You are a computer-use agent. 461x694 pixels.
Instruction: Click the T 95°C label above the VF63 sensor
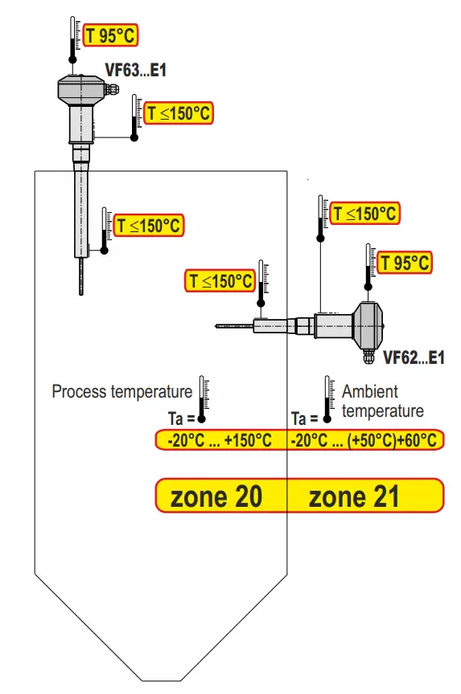tap(111, 35)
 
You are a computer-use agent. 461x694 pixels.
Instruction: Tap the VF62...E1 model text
tap(414, 358)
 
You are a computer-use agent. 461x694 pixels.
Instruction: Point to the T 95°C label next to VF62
tap(405, 263)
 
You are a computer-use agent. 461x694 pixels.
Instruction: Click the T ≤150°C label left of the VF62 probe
tap(220, 281)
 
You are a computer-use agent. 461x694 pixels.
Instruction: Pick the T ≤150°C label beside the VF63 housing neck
tap(178, 113)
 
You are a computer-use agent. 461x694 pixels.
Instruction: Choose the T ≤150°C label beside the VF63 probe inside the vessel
tap(149, 226)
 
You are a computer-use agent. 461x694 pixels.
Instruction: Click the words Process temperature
tap(121, 392)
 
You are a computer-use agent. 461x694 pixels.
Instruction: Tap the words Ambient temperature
tap(382, 401)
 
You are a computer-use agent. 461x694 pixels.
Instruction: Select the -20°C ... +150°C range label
tap(220, 441)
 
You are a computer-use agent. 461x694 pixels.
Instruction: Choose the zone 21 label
tap(354, 496)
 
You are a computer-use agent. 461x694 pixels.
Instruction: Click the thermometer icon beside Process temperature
tap(203, 398)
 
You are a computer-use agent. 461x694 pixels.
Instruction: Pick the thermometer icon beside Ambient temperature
tap(327, 398)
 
